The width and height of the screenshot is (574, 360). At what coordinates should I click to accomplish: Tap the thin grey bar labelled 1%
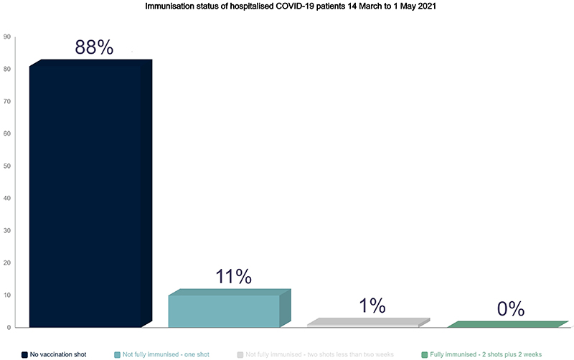pos(363,325)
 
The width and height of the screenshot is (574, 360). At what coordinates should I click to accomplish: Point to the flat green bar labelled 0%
pos(502,326)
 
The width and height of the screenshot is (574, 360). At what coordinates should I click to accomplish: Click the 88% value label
pos(94,48)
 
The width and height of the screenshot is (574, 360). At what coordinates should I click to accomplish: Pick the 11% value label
pos(233,276)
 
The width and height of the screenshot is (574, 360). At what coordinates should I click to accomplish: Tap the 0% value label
pos(512,309)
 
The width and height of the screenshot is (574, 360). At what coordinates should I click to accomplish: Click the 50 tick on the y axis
pos(7,166)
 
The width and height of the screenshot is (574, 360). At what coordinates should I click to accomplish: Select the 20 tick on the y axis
pos(7,262)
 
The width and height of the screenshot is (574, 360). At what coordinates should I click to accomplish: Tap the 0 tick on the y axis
pos(9,327)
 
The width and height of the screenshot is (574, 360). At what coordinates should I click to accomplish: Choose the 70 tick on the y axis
pos(7,101)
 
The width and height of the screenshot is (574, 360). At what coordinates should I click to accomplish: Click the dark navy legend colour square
pos(24,354)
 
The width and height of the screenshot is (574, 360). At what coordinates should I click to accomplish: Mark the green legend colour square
pos(425,354)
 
